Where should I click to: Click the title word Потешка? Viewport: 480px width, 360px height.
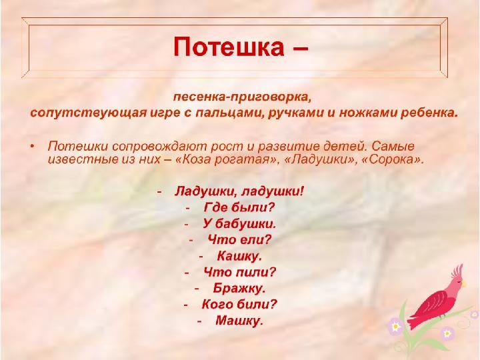229,47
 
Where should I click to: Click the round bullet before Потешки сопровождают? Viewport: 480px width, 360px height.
32,146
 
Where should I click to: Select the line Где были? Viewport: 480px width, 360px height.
239,207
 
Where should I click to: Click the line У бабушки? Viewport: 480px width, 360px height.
239,224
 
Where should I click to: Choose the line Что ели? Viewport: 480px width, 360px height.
239,239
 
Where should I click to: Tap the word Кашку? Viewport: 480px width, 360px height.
239,256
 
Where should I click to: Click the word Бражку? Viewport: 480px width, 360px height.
239,288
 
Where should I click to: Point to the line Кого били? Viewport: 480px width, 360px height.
239,304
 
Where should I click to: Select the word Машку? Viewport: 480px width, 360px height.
239,321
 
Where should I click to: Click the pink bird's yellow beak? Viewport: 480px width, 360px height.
465,284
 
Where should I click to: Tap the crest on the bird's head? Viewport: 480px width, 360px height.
457,269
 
